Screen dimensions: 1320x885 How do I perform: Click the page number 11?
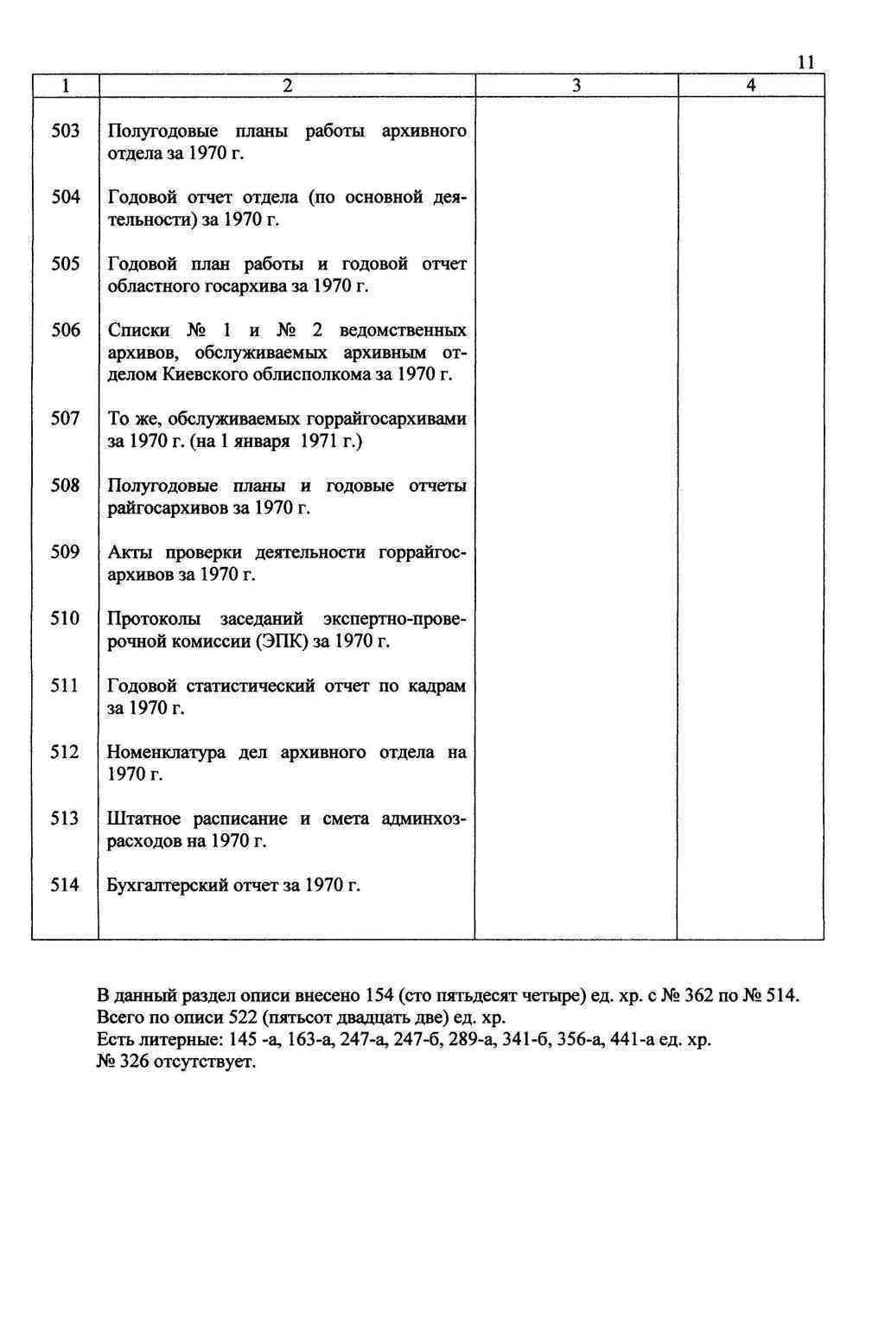pyautogui.click(x=805, y=62)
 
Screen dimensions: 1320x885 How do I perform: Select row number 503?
pyautogui.click(x=65, y=131)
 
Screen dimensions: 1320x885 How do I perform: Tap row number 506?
pyautogui.click(x=65, y=330)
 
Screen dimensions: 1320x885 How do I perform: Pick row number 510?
pyautogui.click(x=65, y=619)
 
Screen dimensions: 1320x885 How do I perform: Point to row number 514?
pyautogui.click(x=65, y=885)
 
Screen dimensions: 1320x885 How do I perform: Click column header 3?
pyautogui.click(x=576, y=86)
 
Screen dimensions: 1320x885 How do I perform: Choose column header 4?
pyautogui.click(x=750, y=86)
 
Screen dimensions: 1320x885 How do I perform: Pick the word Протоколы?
pyautogui.click(x=154, y=619)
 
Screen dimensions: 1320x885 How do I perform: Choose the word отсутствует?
pyautogui.click(x=205, y=1062)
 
